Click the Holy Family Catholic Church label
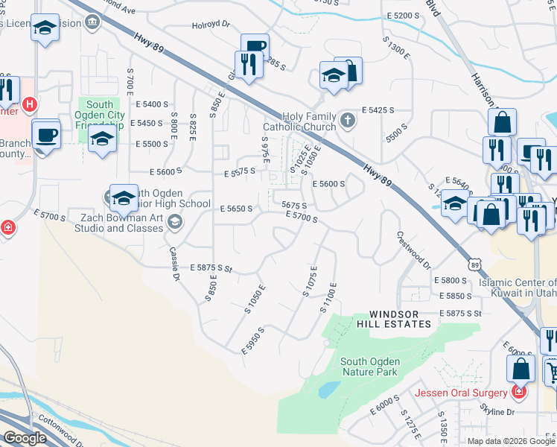(x=309, y=121)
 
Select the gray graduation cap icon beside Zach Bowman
(x=175, y=221)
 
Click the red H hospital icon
(x=30, y=104)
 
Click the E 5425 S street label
(x=378, y=110)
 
